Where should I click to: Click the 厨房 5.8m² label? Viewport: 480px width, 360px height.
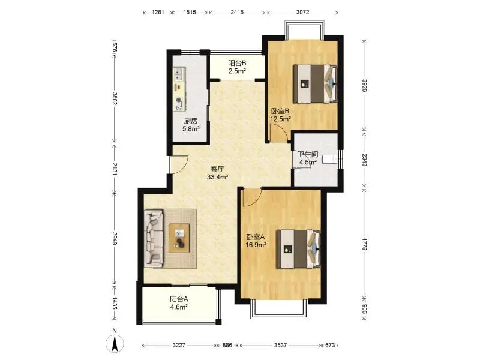(x=191, y=125)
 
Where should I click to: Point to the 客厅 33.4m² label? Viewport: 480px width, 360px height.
(x=218, y=173)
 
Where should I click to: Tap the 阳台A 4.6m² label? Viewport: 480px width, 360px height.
(x=179, y=303)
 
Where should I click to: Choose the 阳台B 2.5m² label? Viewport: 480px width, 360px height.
(x=237, y=67)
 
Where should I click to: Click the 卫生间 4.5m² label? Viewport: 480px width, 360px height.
(x=308, y=158)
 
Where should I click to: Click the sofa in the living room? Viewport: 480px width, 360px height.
(x=154, y=238)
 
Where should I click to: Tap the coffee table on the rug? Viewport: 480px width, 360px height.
(x=179, y=238)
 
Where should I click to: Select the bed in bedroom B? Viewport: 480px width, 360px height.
(x=316, y=83)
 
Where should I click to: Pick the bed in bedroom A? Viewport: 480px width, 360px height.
(x=298, y=249)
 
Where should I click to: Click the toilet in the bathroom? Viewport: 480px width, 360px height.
(x=330, y=160)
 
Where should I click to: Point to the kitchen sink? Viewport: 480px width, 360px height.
(x=178, y=73)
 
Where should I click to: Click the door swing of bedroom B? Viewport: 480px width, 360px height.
(x=278, y=132)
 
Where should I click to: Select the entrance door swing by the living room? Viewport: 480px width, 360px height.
(x=178, y=164)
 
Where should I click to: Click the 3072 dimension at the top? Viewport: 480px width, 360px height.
(x=303, y=13)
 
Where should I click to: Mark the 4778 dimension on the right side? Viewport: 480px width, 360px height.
(x=364, y=244)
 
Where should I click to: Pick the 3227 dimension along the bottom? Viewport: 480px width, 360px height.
(x=179, y=346)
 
